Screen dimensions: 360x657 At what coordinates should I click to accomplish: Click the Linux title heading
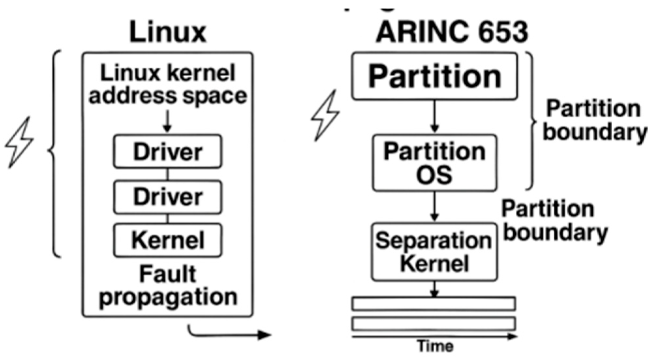pos(168,32)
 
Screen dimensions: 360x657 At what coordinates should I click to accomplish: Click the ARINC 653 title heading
pos(452,32)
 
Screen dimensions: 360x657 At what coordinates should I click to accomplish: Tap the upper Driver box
pos(168,152)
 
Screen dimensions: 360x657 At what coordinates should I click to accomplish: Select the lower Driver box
pos(168,197)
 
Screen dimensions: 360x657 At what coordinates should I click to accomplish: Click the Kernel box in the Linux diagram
pos(168,240)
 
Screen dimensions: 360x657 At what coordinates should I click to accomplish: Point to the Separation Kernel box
pos(434,252)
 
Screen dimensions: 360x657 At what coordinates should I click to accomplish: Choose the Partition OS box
pos(434,163)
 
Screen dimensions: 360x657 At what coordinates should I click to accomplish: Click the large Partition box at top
pos(434,76)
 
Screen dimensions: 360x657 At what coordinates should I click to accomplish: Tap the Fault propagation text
pos(168,285)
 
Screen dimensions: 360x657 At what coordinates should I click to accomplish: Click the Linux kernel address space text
pos(168,84)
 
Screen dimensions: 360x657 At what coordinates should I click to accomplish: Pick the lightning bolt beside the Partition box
pos(325,115)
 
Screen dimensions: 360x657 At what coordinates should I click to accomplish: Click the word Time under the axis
pos(435,346)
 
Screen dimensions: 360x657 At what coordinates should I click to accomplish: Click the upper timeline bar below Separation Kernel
pos(434,304)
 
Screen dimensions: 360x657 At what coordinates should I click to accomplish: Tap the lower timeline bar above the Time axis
pos(434,324)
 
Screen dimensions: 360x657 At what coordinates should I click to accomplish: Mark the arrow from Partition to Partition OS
pos(434,116)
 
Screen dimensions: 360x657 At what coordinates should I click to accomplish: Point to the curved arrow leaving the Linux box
pos(228,334)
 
